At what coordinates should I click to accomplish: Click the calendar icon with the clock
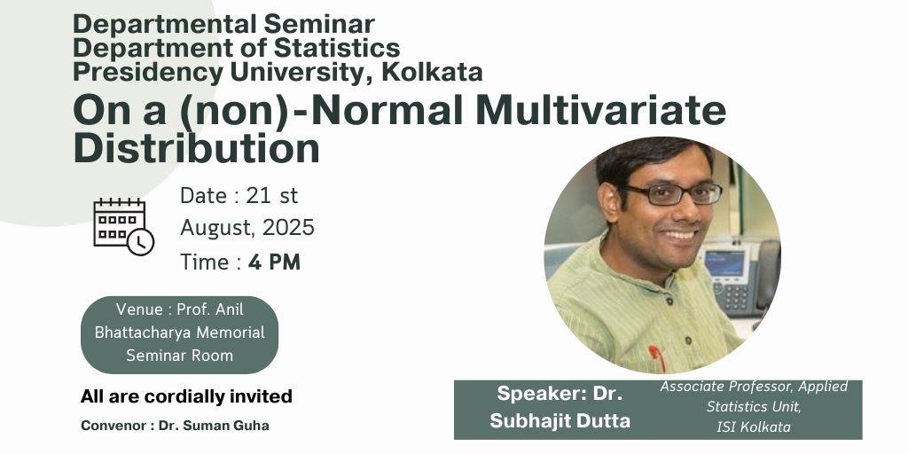pyautogui.click(x=123, y=226)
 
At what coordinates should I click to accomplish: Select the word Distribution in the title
pyautogui.click(x=196, y=148)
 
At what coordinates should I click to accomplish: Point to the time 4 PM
pyautogui.click(x=275, y=262)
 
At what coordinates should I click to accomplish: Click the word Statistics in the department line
pyautogui.click(x=336, y=48)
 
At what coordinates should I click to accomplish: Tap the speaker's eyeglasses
pyautogui.click(x=675, y=194)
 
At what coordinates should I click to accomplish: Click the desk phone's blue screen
pyautogui.click(x=724, y=263)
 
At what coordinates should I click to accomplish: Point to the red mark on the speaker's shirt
pyautogui.click(x=657, y=356)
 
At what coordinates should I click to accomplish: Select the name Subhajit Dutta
pyautogui.click(x=560, y=420)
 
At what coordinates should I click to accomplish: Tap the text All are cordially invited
pyautogui.click(x=186, y=396)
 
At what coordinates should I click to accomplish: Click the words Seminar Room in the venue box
pyautogui.click(x=179, y=356)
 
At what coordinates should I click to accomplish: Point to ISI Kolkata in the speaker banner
pyautogui.click(x=754, y=427)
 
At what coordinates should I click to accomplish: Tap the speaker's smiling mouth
pyautogui.click(x=680, y=236)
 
